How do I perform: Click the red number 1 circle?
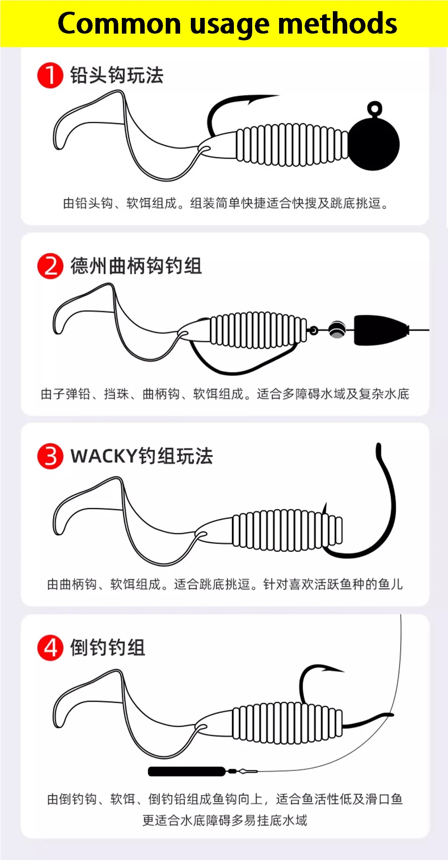tap(50, 75)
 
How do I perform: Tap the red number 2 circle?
tap(50, 266)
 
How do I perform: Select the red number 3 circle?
tap(50, 456)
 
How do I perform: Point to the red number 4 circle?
tap(50, 648)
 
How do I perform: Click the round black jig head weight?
tap(374, 144)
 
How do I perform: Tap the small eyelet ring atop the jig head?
tap(375, 109)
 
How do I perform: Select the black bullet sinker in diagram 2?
tap(381, 330)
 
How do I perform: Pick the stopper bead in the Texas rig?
tap(336, 330)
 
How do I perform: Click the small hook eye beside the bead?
tap(314, 331)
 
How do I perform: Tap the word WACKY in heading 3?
tap(103, 456)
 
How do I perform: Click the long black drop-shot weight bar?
tap(187, 771)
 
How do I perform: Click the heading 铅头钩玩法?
tap(116, 75)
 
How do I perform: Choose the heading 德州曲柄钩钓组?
tap(136, 266)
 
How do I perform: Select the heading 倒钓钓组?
tap(108, 648)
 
